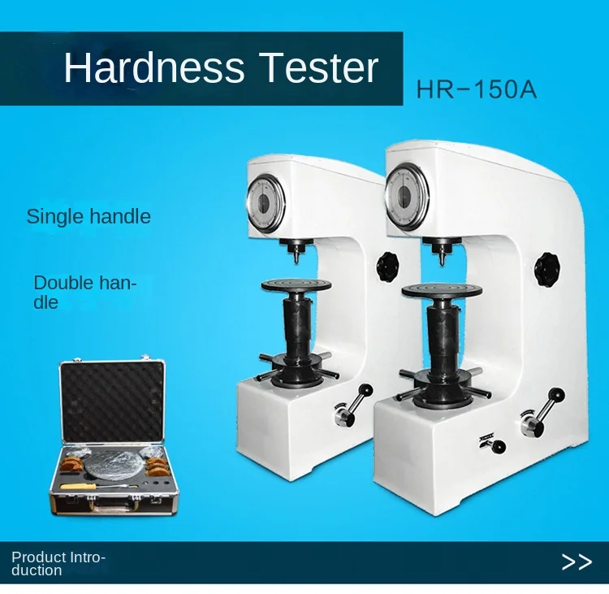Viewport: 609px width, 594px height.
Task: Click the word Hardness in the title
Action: pos(154,67)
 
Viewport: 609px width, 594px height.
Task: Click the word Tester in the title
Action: pos(318,67)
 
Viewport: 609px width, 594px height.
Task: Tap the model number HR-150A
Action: pos(477,89)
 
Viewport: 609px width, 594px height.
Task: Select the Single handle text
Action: pos(89,216)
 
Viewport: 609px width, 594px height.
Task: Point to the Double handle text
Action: pos(85,293)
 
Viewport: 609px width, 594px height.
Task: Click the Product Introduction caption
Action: pos(58,564)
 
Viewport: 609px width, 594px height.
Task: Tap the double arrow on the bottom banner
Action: pos(577,561)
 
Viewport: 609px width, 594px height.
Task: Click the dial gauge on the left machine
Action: pos(266,202)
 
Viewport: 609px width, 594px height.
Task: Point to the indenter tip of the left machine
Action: pos(297,261)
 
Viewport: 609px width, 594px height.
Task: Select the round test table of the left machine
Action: pos(296,285)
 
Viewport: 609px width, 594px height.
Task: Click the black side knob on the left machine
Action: pos(387,266)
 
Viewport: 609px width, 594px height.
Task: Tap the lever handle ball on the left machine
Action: pos(366,390)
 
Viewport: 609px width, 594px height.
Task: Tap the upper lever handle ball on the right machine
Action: pos(558,395)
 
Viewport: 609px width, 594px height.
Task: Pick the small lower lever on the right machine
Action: pos(493,444)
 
